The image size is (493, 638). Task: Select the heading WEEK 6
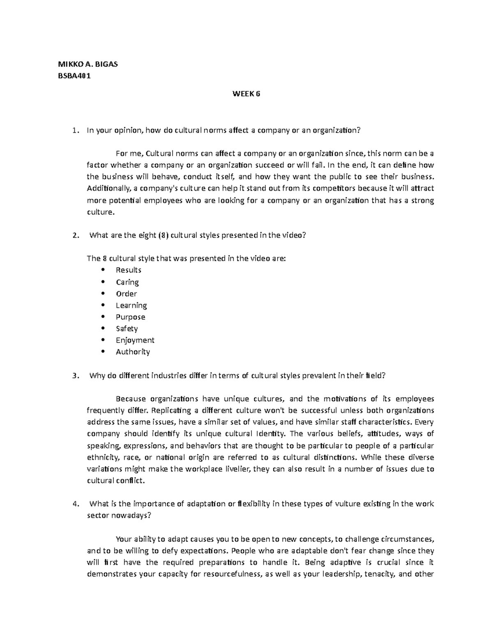coord(246,94)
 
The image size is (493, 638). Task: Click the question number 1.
coord(74,131)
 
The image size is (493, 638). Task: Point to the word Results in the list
coord(128,270)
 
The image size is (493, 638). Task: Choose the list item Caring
coord(127,282)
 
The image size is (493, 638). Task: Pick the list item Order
coord(126,293)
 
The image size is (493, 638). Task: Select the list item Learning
coord(131,305)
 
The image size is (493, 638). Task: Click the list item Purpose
coord(130,317)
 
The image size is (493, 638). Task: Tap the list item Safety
coord(127,328)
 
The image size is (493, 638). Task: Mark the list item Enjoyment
coord(135,340)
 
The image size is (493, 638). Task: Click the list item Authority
coord(133,352)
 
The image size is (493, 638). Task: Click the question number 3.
coord(74,376)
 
